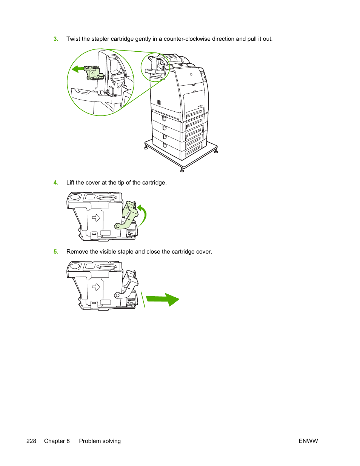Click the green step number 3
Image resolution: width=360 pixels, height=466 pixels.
point(56,39)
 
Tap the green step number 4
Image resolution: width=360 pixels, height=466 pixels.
point(56,183)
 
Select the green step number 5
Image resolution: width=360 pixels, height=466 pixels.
point(56,252)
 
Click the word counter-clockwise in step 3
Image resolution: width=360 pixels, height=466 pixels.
point(187,39)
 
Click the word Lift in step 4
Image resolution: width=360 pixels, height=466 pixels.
point(70,183)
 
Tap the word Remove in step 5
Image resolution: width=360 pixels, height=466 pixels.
point(77,252)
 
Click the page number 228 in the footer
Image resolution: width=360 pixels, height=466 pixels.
point(31,441)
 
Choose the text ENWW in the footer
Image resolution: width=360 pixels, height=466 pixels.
point(308,441)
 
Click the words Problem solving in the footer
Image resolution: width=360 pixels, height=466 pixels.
point(100,441)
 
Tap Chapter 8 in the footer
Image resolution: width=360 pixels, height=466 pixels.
point(57,441)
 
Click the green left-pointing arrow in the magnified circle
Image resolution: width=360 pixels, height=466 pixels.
point(77,69)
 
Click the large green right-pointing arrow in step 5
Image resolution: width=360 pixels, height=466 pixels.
point(163,300)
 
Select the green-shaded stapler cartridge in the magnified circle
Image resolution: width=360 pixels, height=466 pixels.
point(93,73)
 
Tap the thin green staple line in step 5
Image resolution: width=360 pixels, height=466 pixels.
point(143,299)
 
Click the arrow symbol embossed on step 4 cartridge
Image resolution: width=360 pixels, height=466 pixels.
point(96,218)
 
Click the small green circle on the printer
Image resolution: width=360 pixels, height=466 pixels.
point(155,68)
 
